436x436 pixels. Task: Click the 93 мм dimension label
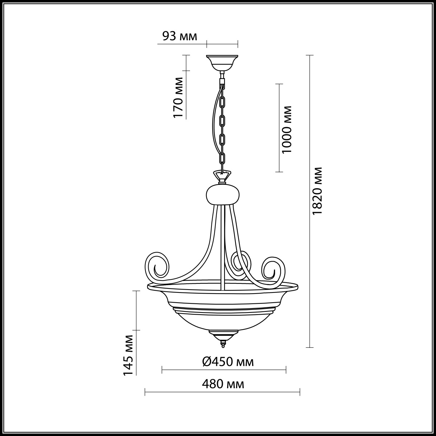click(180, 36)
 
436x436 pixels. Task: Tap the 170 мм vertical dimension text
click(178, 97)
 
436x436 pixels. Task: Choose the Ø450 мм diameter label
click(227, 362)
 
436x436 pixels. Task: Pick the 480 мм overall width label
click(223, 384)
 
